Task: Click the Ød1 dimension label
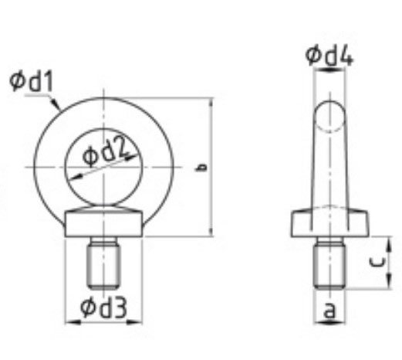32,82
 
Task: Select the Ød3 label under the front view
103,307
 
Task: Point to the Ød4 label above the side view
329,55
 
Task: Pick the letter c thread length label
377,262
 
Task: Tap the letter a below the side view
329,310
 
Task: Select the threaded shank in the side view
329,263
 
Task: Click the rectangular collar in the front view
103,223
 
